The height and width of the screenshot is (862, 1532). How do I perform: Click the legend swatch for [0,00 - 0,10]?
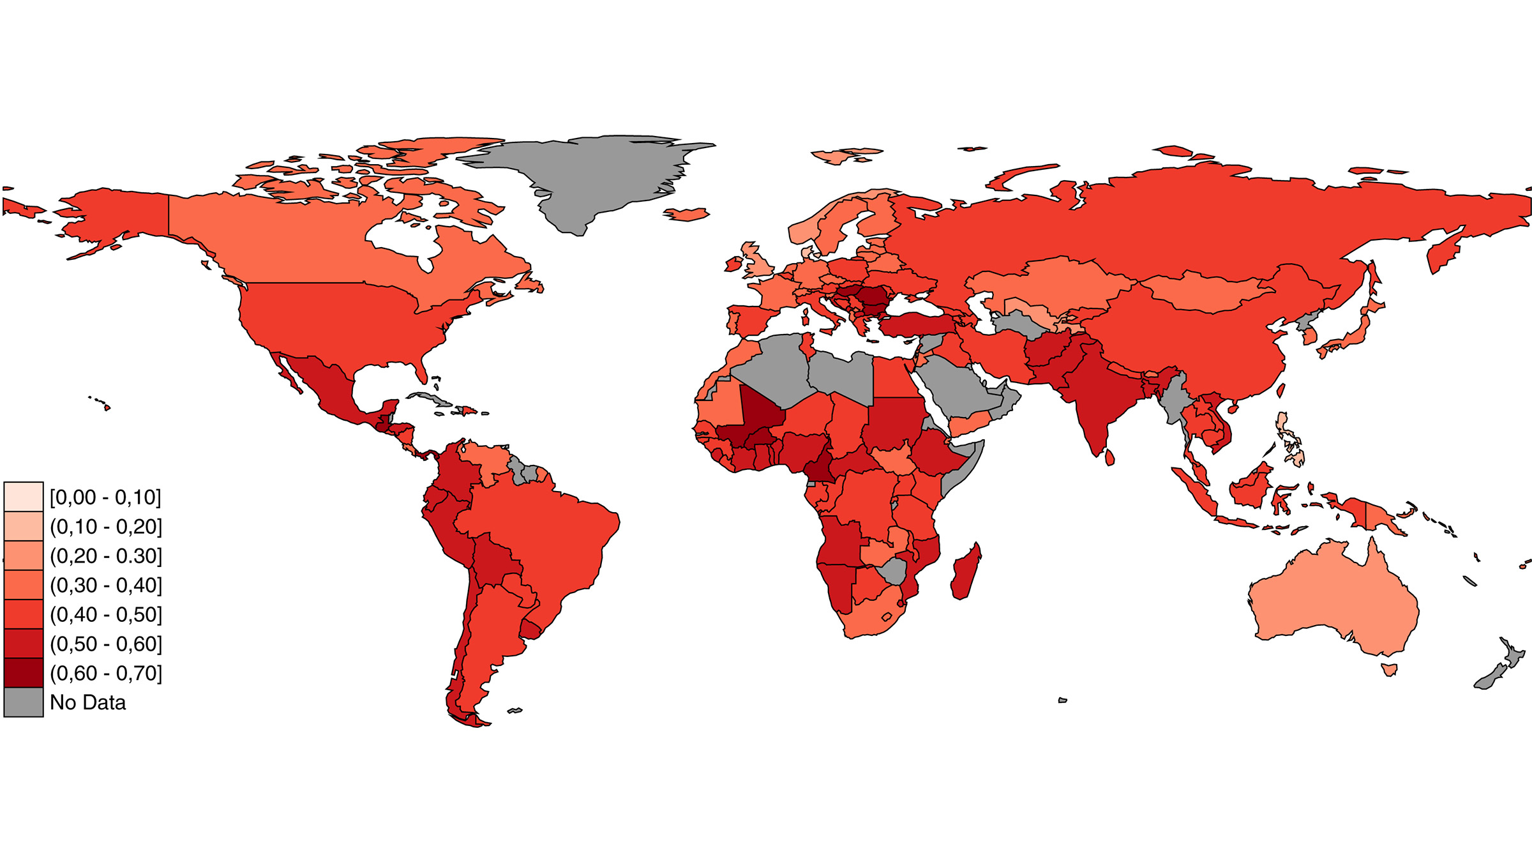(x=24, y=497)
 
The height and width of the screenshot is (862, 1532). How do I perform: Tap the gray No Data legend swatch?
(x=24, y=702)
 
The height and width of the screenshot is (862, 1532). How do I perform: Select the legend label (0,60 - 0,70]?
(x=106, y=673)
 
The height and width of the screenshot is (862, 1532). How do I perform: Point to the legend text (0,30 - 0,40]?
(x=106, y=585)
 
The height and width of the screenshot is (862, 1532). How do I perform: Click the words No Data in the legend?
(x=88, y=702)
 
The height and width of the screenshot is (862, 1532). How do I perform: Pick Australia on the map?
(x=1334, y=600)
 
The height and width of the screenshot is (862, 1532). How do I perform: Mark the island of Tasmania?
(x=1389, y=669)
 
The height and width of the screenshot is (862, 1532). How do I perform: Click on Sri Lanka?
(x=1109, y=457)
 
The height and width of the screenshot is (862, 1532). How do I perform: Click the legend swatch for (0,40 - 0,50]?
(x=24, y=614)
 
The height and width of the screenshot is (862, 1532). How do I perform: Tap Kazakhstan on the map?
(x=1047, y=281)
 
